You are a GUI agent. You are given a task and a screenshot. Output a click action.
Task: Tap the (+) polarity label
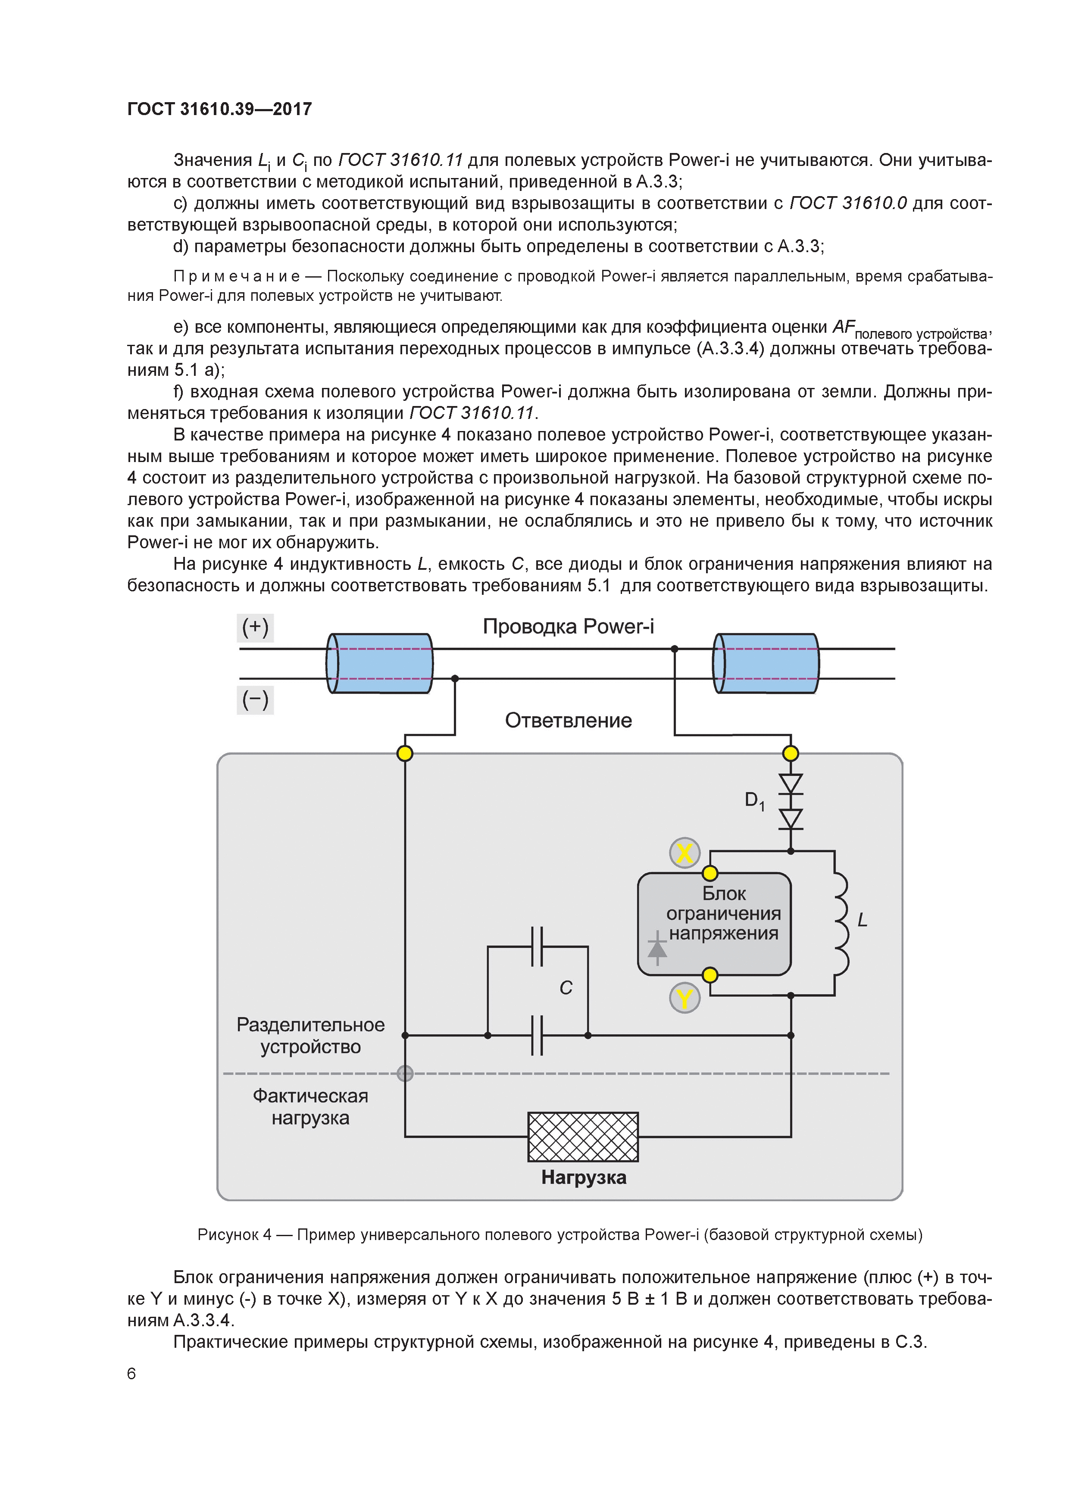pos(255,627)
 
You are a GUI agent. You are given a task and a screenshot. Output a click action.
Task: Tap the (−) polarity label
pos(255,700)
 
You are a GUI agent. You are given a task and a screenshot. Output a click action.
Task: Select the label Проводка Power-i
pos(568,626)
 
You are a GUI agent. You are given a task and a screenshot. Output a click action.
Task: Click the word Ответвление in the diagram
pos(568,720)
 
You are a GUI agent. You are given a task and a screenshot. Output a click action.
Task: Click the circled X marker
pos(685,853)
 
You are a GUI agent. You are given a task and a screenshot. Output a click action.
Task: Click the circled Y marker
pos(685,999)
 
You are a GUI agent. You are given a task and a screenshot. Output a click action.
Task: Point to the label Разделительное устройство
pos(310,1036)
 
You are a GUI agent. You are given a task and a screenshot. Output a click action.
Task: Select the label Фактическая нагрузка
pos(310,1106)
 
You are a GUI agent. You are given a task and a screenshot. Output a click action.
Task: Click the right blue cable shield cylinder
pos(766,663)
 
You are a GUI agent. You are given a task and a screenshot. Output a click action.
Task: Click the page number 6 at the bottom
pos(131,1374)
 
